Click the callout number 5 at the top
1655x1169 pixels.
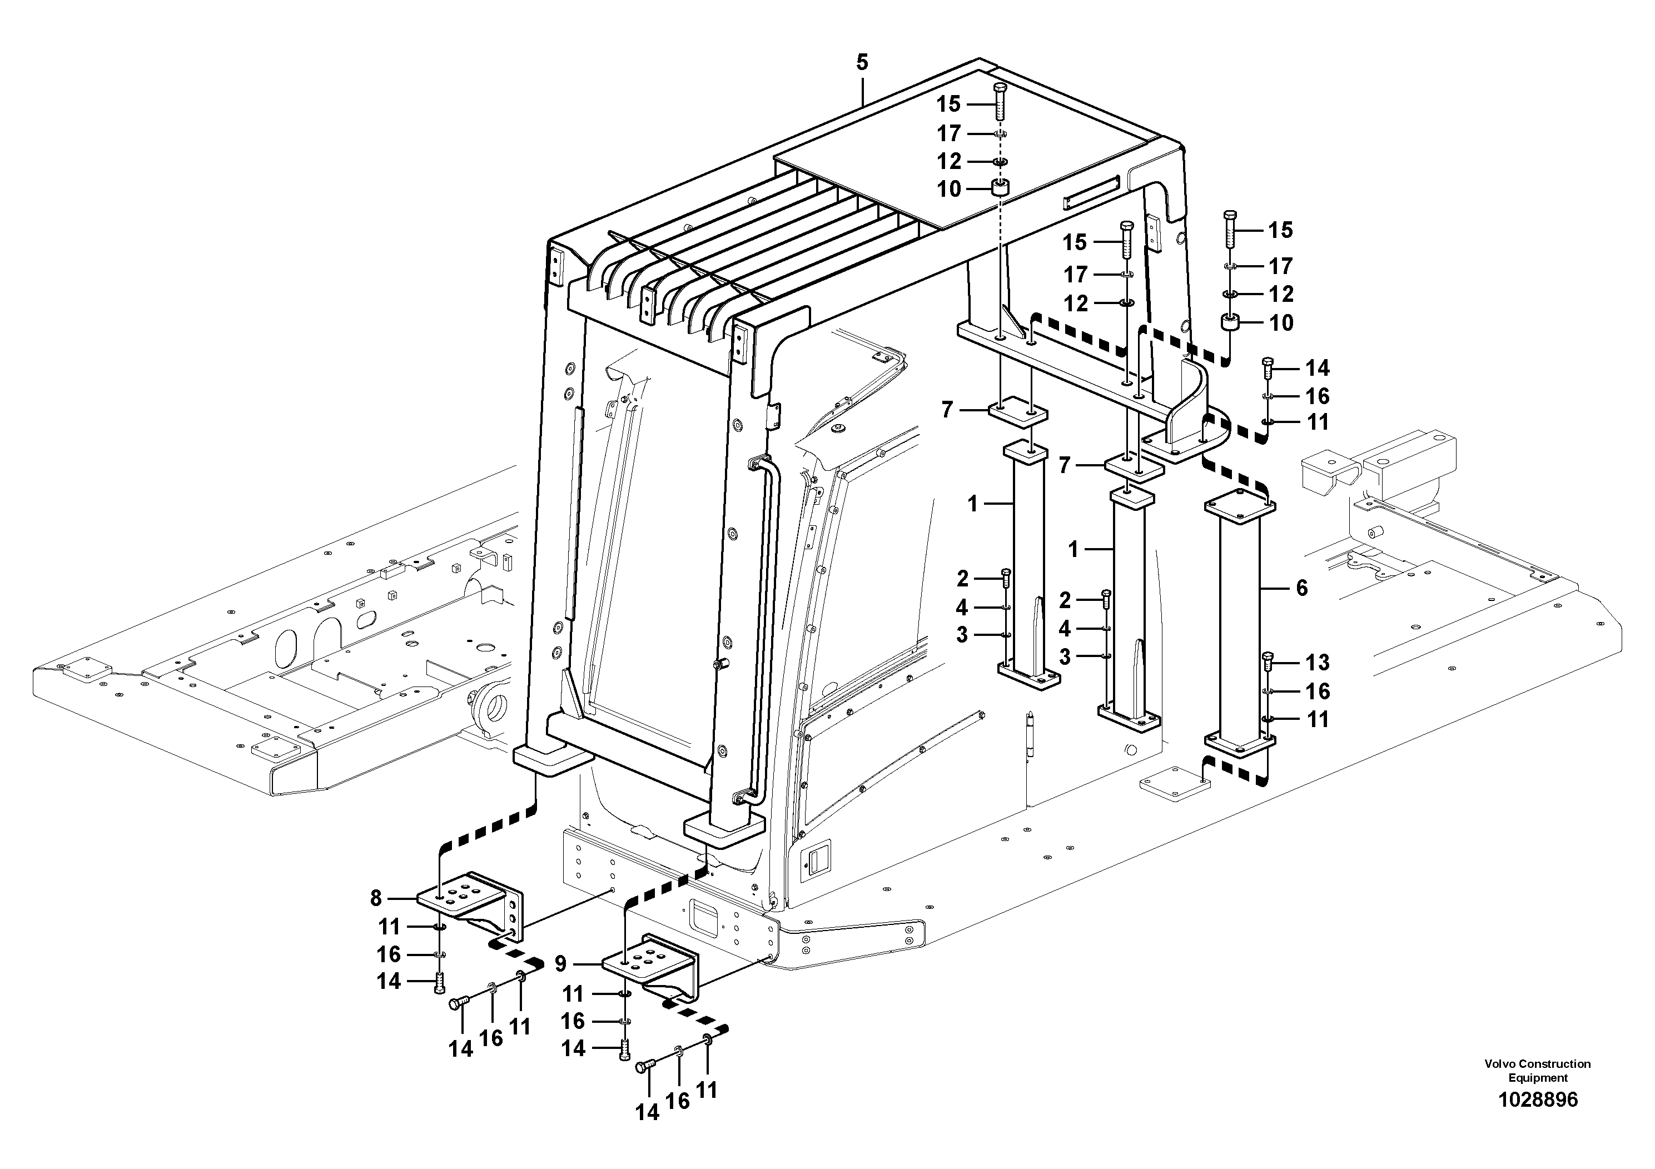click(862, 63)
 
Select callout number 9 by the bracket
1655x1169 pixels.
click(561, 963)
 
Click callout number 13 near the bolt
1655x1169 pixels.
click(1318, 663)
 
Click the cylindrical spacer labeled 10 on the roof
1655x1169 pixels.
click(1000, 189)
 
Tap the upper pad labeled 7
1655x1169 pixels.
click(1016, 415)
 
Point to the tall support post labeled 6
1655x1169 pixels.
click(1239, 627)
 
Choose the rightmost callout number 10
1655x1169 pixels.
click(1281, 323)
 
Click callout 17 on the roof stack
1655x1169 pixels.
click(948, 134)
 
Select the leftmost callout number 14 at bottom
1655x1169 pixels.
click(389, 981)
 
